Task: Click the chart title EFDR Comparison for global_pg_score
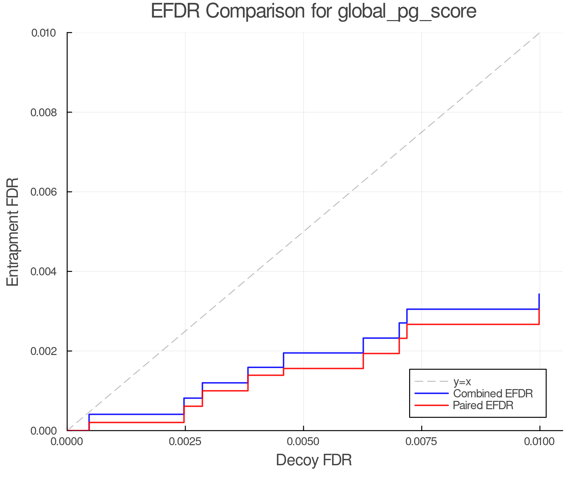(313, 11)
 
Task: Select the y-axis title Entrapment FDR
(13, 232)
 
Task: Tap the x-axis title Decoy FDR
(314, 460)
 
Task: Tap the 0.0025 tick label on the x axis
(185, 442)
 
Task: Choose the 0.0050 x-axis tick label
(303, 442)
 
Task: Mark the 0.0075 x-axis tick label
(422, 442)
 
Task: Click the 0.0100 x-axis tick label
(540, 442)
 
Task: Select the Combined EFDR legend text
(493, 394)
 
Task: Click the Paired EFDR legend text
(483, 405)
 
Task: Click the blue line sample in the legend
(431, 394)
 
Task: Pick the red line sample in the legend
(431, 405)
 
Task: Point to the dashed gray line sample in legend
(431, 381)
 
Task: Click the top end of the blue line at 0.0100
(539, 294)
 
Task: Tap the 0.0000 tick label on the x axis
(67, 442)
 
